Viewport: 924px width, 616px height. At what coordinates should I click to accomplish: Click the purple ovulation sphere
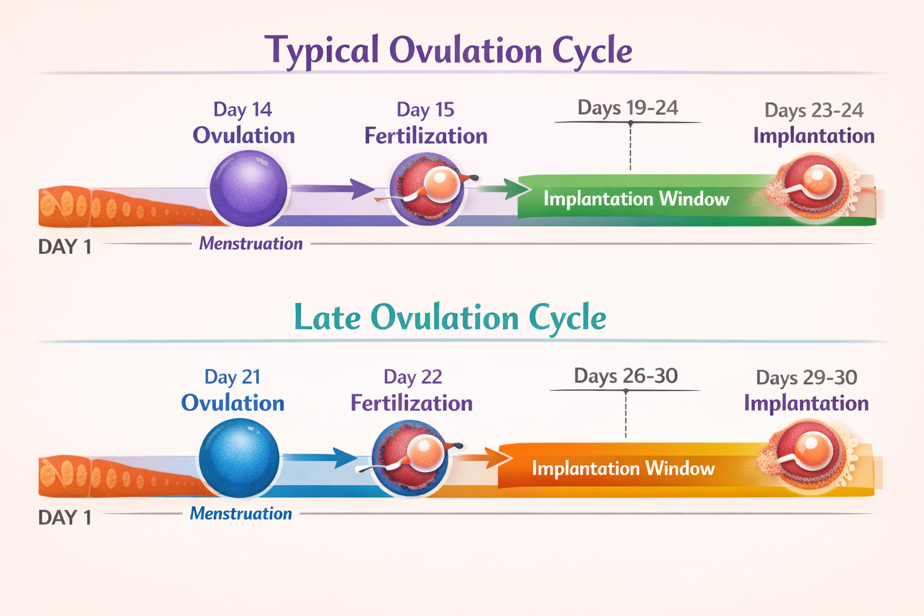[248, 188]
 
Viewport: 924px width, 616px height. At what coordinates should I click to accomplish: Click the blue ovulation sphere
[239, 458]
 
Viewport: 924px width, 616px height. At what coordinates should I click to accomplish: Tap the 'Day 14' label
[242, 109]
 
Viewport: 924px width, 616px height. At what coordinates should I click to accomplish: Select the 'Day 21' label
[232, 377]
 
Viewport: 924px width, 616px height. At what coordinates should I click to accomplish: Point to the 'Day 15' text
[425, 110]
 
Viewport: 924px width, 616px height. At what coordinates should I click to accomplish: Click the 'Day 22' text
[413, 377]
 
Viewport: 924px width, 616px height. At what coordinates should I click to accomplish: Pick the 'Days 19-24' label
[627, 108]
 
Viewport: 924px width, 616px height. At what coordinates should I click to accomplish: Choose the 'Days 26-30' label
[626, 376]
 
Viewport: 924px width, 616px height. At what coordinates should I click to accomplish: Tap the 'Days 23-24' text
[813, 111]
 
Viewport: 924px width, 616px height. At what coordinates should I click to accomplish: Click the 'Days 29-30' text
[806, 378]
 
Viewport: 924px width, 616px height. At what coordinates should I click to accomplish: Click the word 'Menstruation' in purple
[251, 244]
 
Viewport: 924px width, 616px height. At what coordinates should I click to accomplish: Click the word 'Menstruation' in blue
[241, 514]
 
